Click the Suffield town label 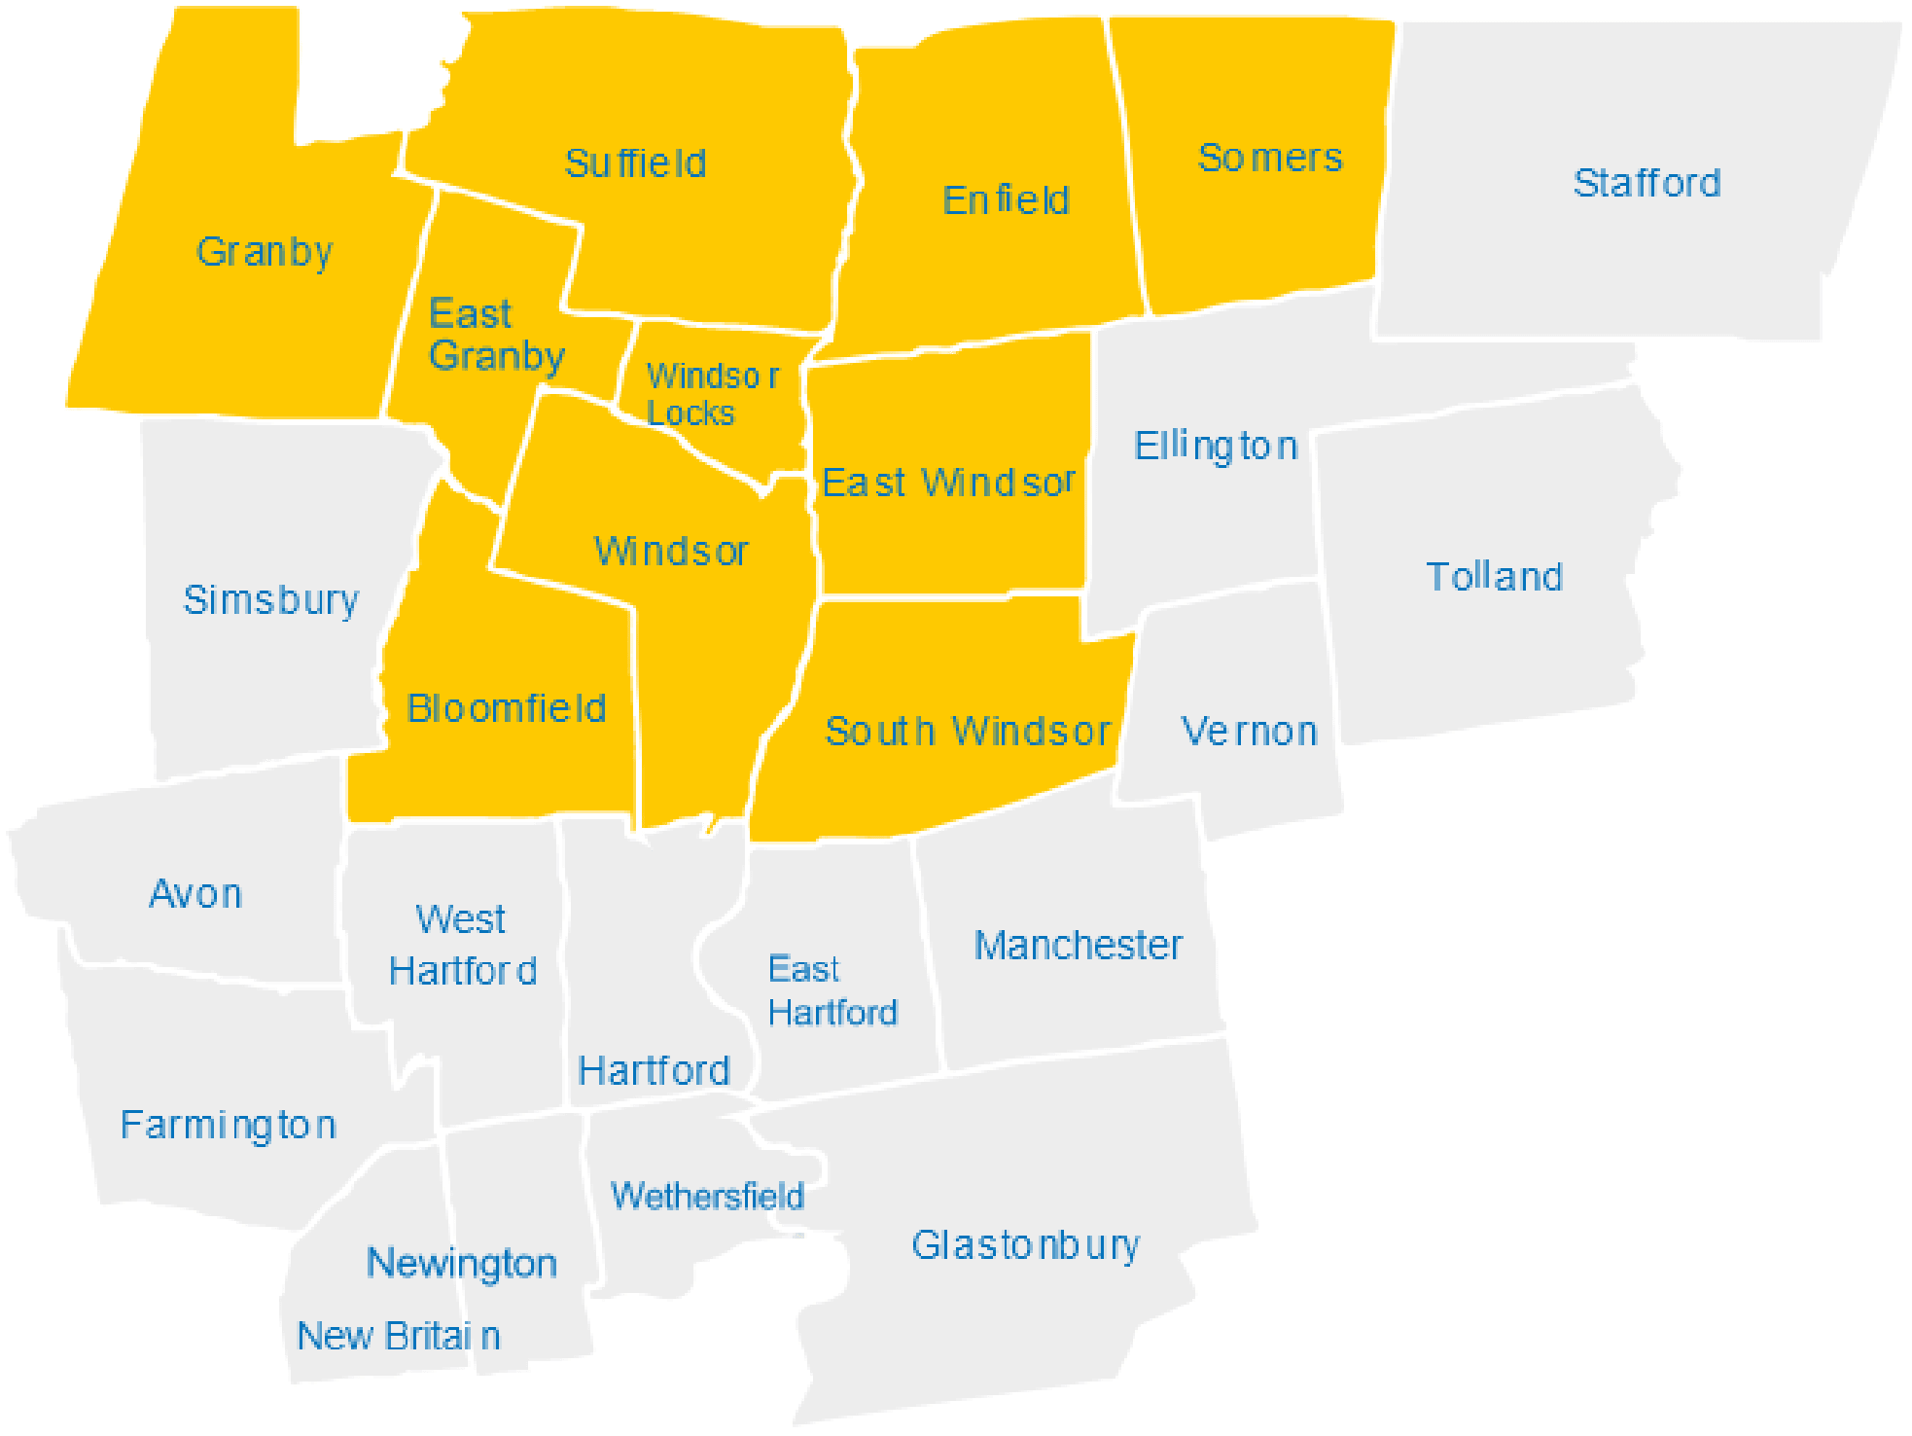[x=635, y=163]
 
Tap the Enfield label [x=1006, y=200]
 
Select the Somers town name [x=1270, y=158]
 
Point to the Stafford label [x=1646, y=183]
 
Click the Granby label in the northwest [x=265, y=252]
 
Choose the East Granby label [x=496, y=335]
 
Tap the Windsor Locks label [x=711, y=394]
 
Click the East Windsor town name [x=948, y=483]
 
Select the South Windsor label [x=967, y=732]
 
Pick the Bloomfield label [x=506, y=708]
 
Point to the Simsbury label [x=270, y=600]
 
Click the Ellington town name [x=1216, y=447]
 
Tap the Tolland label [x=1494, y=577]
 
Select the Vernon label [x=1249, y=732]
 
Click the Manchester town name [x=1078, y=945]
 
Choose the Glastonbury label [x=1025, y=1245]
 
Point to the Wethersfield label [x=707, y=1196]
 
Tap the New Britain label [x=399, y=1336]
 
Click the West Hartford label [x=462, y=945]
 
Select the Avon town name [x=195, y=894]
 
